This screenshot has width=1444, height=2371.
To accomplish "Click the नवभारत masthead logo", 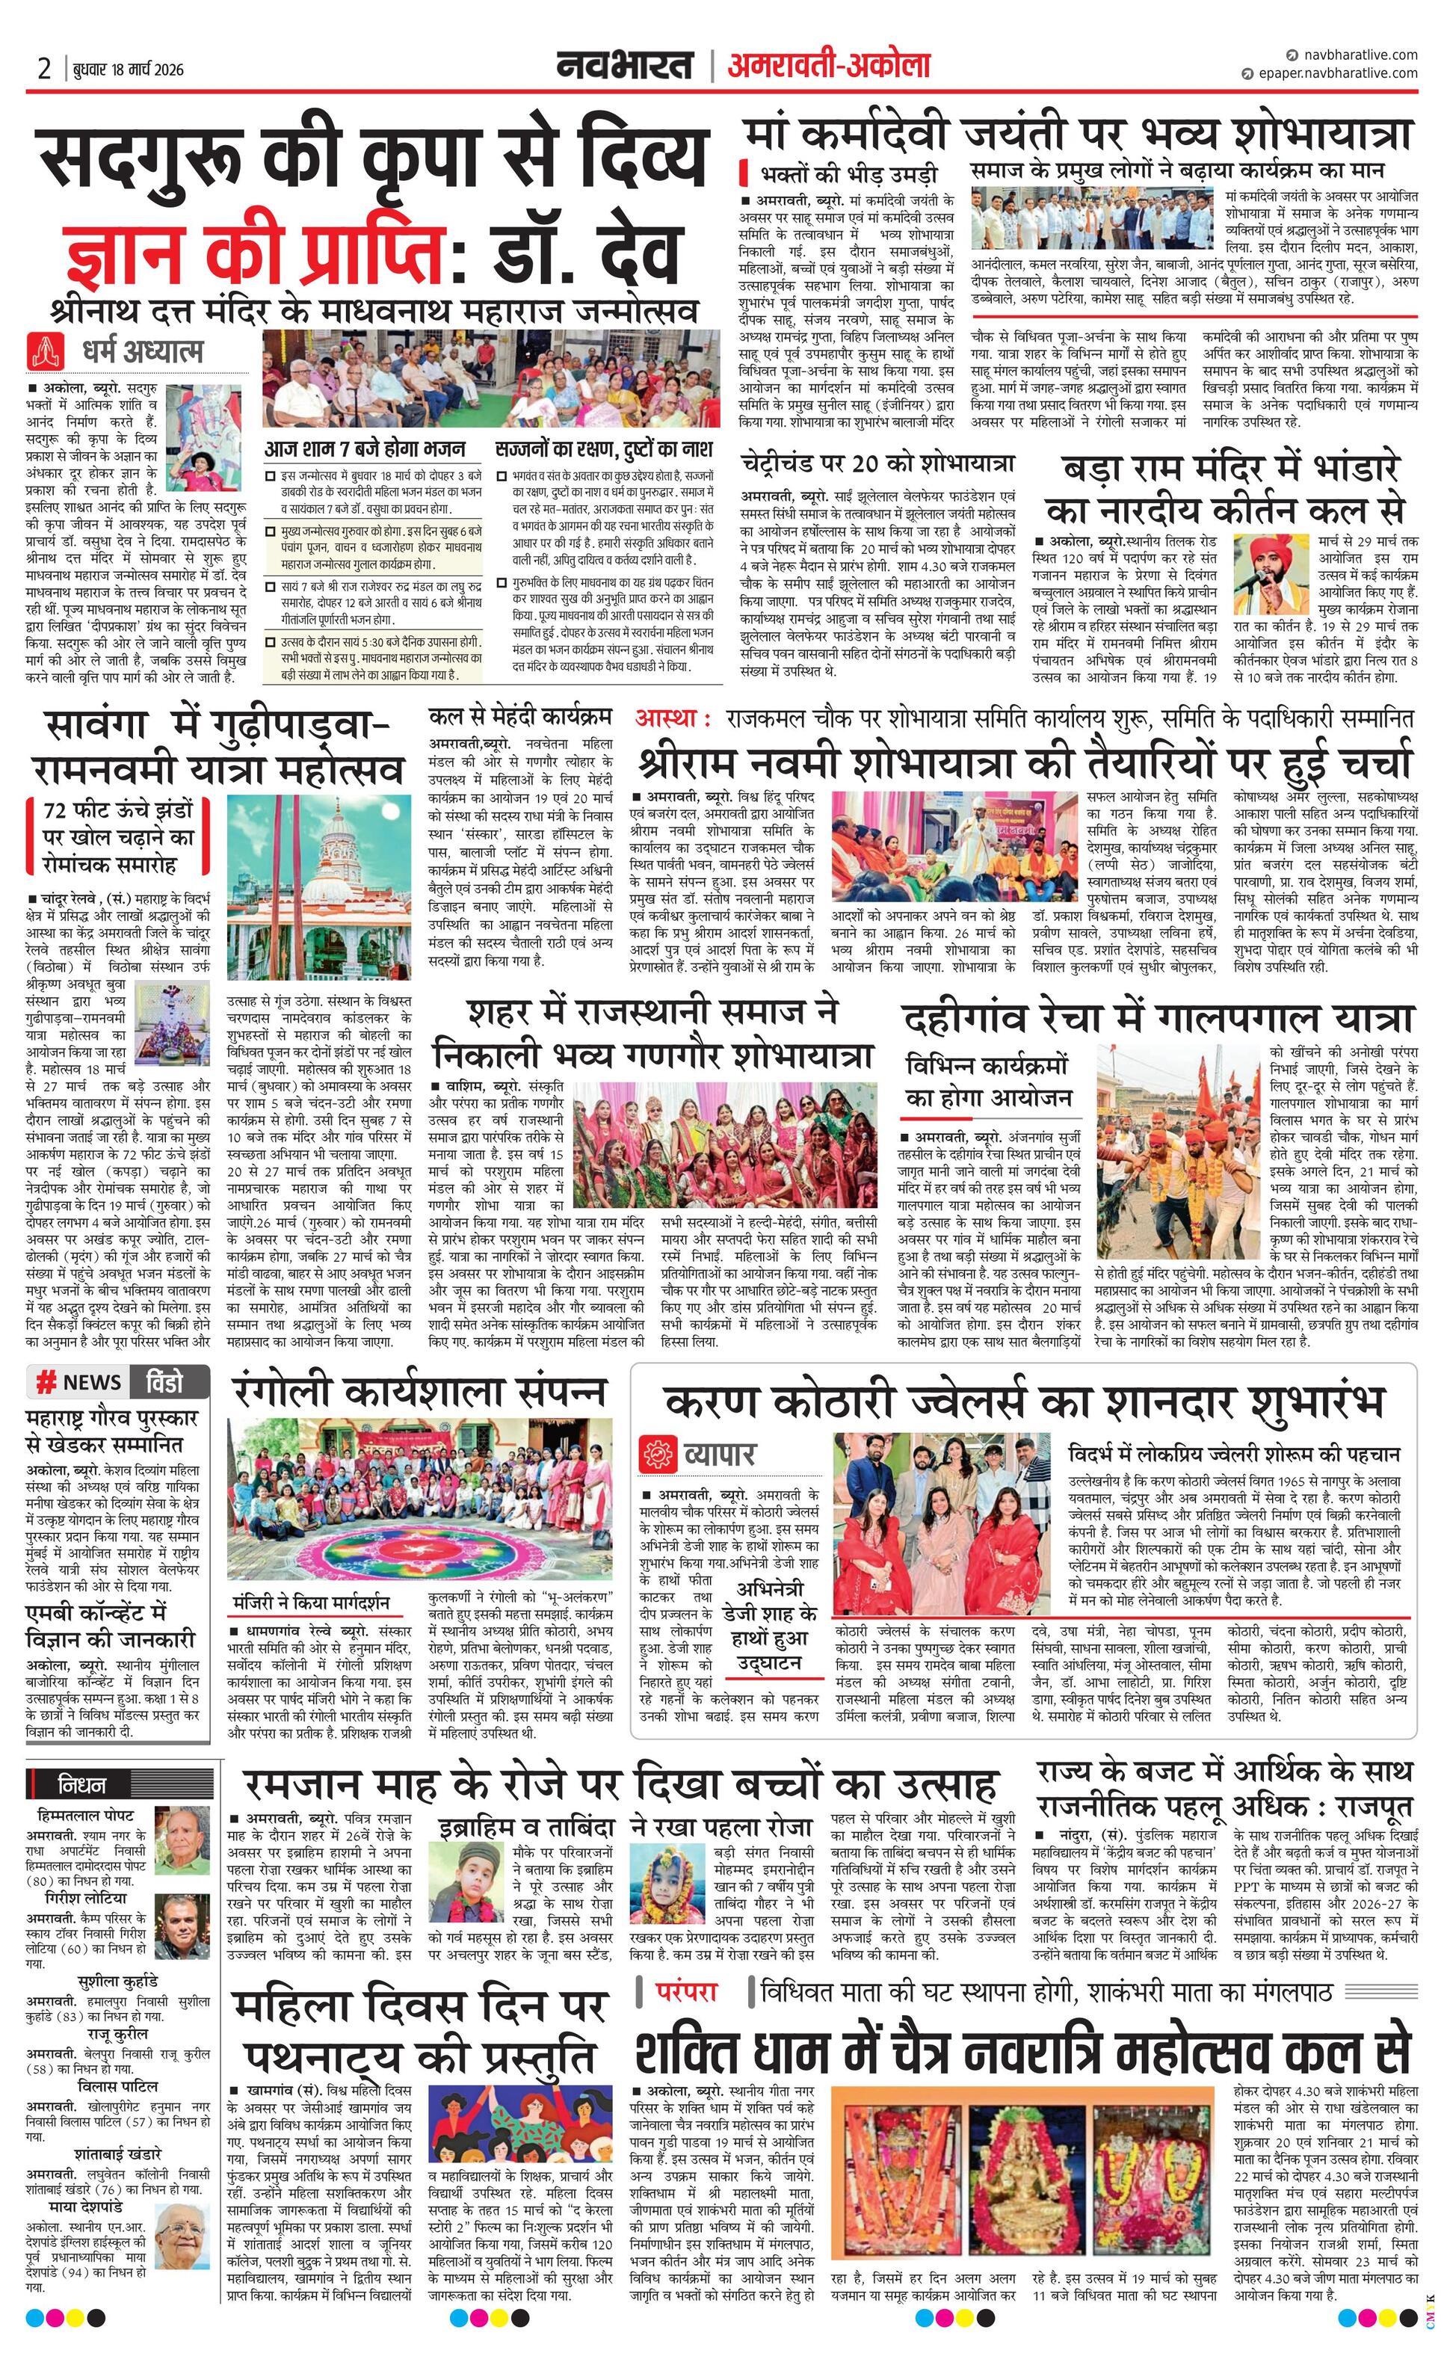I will pyautogui.click(x=626, y=67).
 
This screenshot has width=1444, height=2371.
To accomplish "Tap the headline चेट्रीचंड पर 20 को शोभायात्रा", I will pyautogui.click(x=877, y=463).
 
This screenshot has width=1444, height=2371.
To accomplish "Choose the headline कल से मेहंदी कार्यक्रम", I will pyautogui.click(x=520, y=717).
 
